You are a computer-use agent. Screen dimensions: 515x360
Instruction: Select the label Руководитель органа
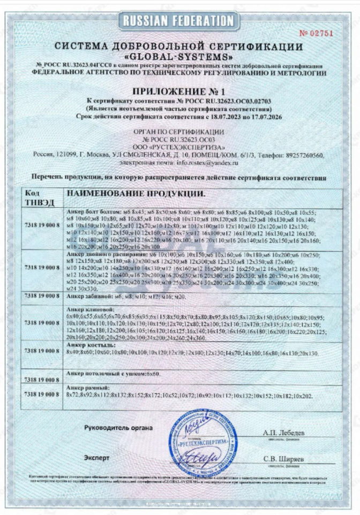(x=118, y=428)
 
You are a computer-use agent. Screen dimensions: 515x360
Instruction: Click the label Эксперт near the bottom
(x=97, y=458)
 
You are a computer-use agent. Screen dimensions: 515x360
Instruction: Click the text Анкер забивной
(x=88, y=296)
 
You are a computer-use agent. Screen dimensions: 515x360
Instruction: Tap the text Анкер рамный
(x=86, y=387)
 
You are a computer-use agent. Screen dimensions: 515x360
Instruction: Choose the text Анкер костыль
(x=87, y=346)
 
